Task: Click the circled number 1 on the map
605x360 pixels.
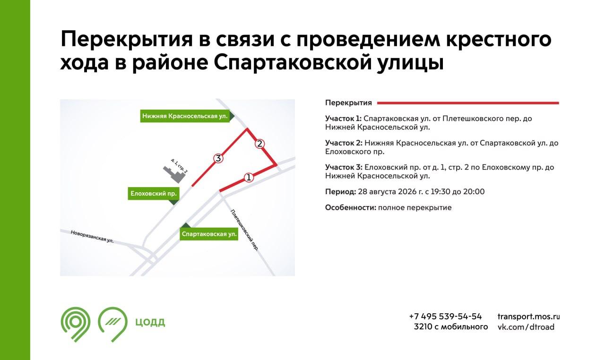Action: pyautogui.click(x=249, y=178)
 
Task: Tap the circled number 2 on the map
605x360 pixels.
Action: pyautogui.click(x=259, y=144)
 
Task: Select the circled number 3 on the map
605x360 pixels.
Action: pyautogui.click(x=218, y=158)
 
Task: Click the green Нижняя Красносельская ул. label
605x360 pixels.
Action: pyautogui.click(x=185, y=116)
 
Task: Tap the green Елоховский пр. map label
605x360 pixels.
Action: pyautogui.click(x=154, y=194)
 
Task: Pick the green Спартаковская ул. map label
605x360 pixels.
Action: pyautogui.click(x=209, y=234)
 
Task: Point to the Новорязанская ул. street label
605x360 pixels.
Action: pyautogui.click(x=92, y=236)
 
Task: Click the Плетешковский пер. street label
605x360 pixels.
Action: pyautogui.click(x=244, y=230)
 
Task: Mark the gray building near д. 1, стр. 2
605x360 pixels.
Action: pyautogui.click(x=174, y=174)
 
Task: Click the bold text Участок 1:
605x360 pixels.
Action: pyautogui.click(x=343, y=119)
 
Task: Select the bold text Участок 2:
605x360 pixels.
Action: pyautogui.click(x=344, y=143)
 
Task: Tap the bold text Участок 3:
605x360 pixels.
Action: pyautogui.click(x=344, y=167)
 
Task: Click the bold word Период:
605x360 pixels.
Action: pyautogui.click(x=341, y=192)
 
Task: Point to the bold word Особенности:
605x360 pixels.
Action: pyautogui.click(x=351, y=207)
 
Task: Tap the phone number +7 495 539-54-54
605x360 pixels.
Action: pyautogui.click(x=446, y=316)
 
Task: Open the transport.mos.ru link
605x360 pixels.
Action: pyautogui.click(x=528, y=317)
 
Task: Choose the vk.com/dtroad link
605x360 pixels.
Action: pyautogui.click(x=526, y=327)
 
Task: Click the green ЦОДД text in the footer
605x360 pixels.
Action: pyautogui.click(x=150, y=322)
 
